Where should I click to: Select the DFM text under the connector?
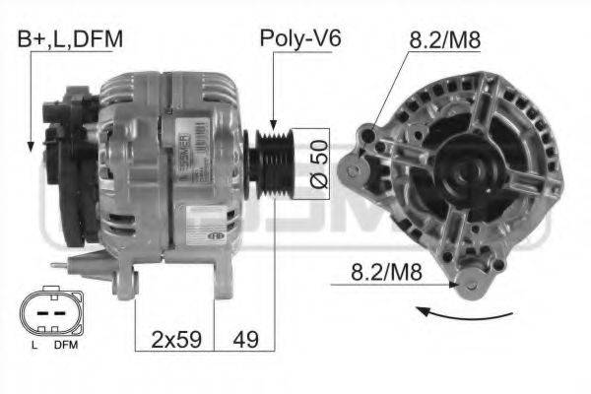(x=65, y=346)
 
